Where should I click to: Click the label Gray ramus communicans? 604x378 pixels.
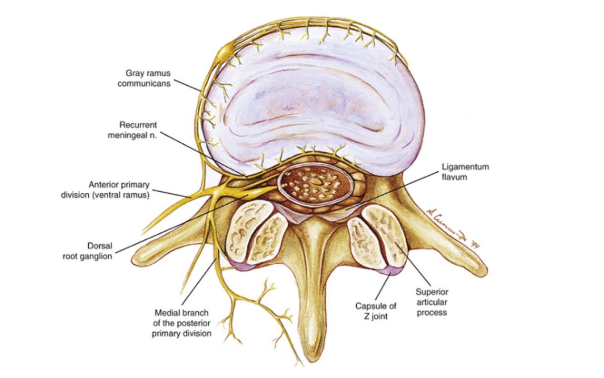[144, 78]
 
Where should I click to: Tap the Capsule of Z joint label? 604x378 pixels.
[376, 311]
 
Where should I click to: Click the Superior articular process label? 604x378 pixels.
[431, 302]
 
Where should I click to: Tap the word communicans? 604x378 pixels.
[144, 83]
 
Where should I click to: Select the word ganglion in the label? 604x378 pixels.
[95, 256]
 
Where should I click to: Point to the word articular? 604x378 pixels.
[431, 302]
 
